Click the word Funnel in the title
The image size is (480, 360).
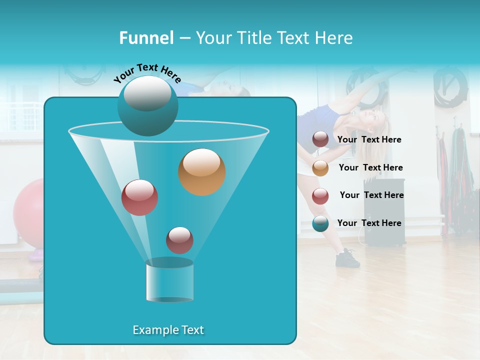[146, 38]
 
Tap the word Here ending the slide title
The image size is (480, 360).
[334, 38]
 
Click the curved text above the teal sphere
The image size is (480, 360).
[147, 73]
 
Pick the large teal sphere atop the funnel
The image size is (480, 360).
[147, 105]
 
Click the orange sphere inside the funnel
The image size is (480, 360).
[201, 172]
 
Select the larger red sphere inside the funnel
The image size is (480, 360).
[139, 197]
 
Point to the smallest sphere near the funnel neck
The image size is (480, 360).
[179, 240]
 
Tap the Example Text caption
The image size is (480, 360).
[168, 330]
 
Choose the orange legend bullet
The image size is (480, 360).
[320, 168]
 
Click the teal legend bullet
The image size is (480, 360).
[320, 223]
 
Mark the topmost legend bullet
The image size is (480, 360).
[320, 139]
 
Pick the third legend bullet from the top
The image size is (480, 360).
[320, 195]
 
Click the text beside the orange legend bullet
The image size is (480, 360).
[370, 168]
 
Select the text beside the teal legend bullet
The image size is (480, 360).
[369, 223]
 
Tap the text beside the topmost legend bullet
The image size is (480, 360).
[369, 140]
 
